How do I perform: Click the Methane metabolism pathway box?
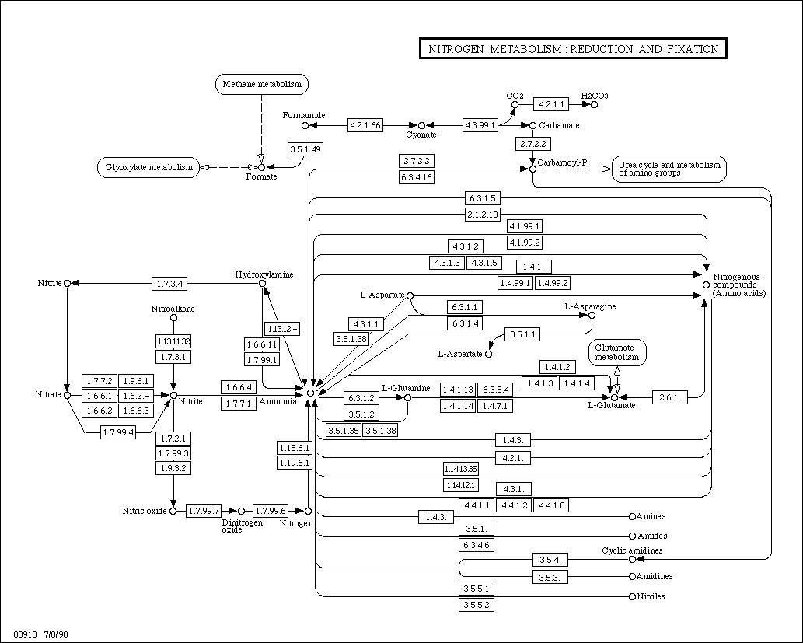click(262, 84)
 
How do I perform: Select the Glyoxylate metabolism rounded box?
click(148, 167)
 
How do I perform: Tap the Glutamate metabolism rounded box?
click(617, 352)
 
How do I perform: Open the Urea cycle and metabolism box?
click(669, 169)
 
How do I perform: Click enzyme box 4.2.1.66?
click(365, 125)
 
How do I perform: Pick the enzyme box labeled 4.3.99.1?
click(480, 125)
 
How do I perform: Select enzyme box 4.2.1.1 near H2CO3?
click(551, 104)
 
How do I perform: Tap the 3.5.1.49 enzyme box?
click(305, 149)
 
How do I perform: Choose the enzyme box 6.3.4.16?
click(417, 177)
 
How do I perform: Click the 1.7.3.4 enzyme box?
click(169, 283)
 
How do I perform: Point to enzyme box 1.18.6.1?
click(295, 448)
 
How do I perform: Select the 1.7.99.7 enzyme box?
click(204, 511)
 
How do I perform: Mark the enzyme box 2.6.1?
click(670, 397)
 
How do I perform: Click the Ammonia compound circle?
click(310, 393)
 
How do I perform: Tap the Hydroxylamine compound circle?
click(262, 283)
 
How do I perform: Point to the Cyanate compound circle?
click(421, 125)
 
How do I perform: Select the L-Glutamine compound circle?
click(407, 397)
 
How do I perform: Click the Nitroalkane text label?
click(173, 309)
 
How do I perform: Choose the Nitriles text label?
click(651, 596)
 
